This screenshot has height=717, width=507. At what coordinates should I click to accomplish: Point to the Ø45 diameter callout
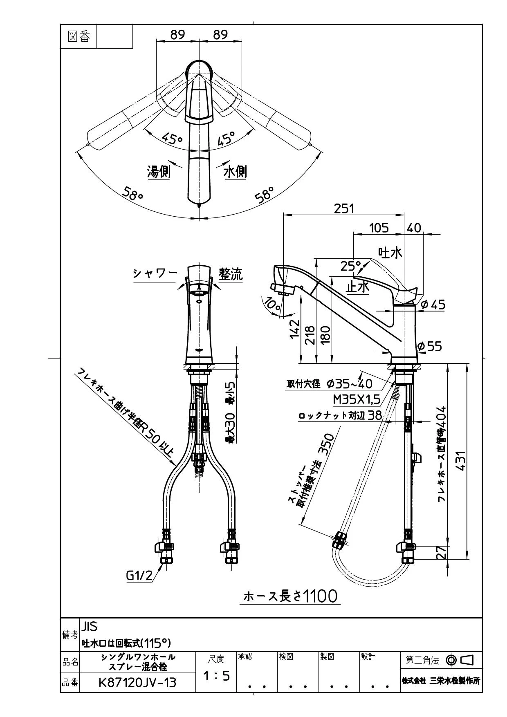pyautogui.click(x=433, y=305)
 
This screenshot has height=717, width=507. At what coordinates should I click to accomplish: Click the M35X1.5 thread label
pyautogui.click(x=357, y=399)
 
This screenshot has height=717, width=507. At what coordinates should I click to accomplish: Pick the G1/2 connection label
pyautogui.click(x=139, y=576)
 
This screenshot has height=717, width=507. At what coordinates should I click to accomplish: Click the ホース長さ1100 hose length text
pyautogui.click(x=290, y=596)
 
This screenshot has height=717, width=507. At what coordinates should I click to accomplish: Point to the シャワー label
pyautogui.click(x=155, y=273)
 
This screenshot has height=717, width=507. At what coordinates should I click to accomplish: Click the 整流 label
pyautogui.click(x=231, y=273)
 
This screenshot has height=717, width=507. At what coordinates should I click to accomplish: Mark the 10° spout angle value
pyautogui.click(x=272, y=304)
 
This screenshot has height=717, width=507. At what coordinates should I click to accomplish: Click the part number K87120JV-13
pyautogui.click(x=137, y=682)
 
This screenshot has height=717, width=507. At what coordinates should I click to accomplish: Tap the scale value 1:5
pyautogui.click(x=217, y=676)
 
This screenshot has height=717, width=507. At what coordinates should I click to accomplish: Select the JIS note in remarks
pyautogui.click(x=90, y=627)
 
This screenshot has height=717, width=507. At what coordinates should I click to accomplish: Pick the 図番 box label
pyautogui.click(x=79, y=37)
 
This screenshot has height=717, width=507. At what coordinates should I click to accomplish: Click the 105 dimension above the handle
pyautogui.click(x=379, y=228)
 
